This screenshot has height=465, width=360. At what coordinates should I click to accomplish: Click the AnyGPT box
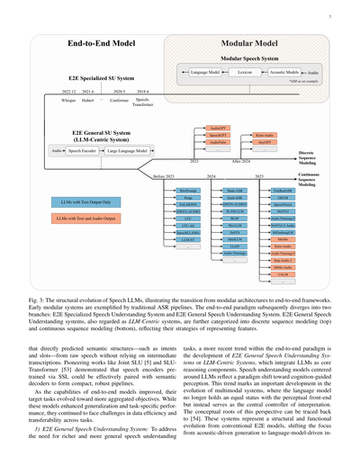point(265,142)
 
